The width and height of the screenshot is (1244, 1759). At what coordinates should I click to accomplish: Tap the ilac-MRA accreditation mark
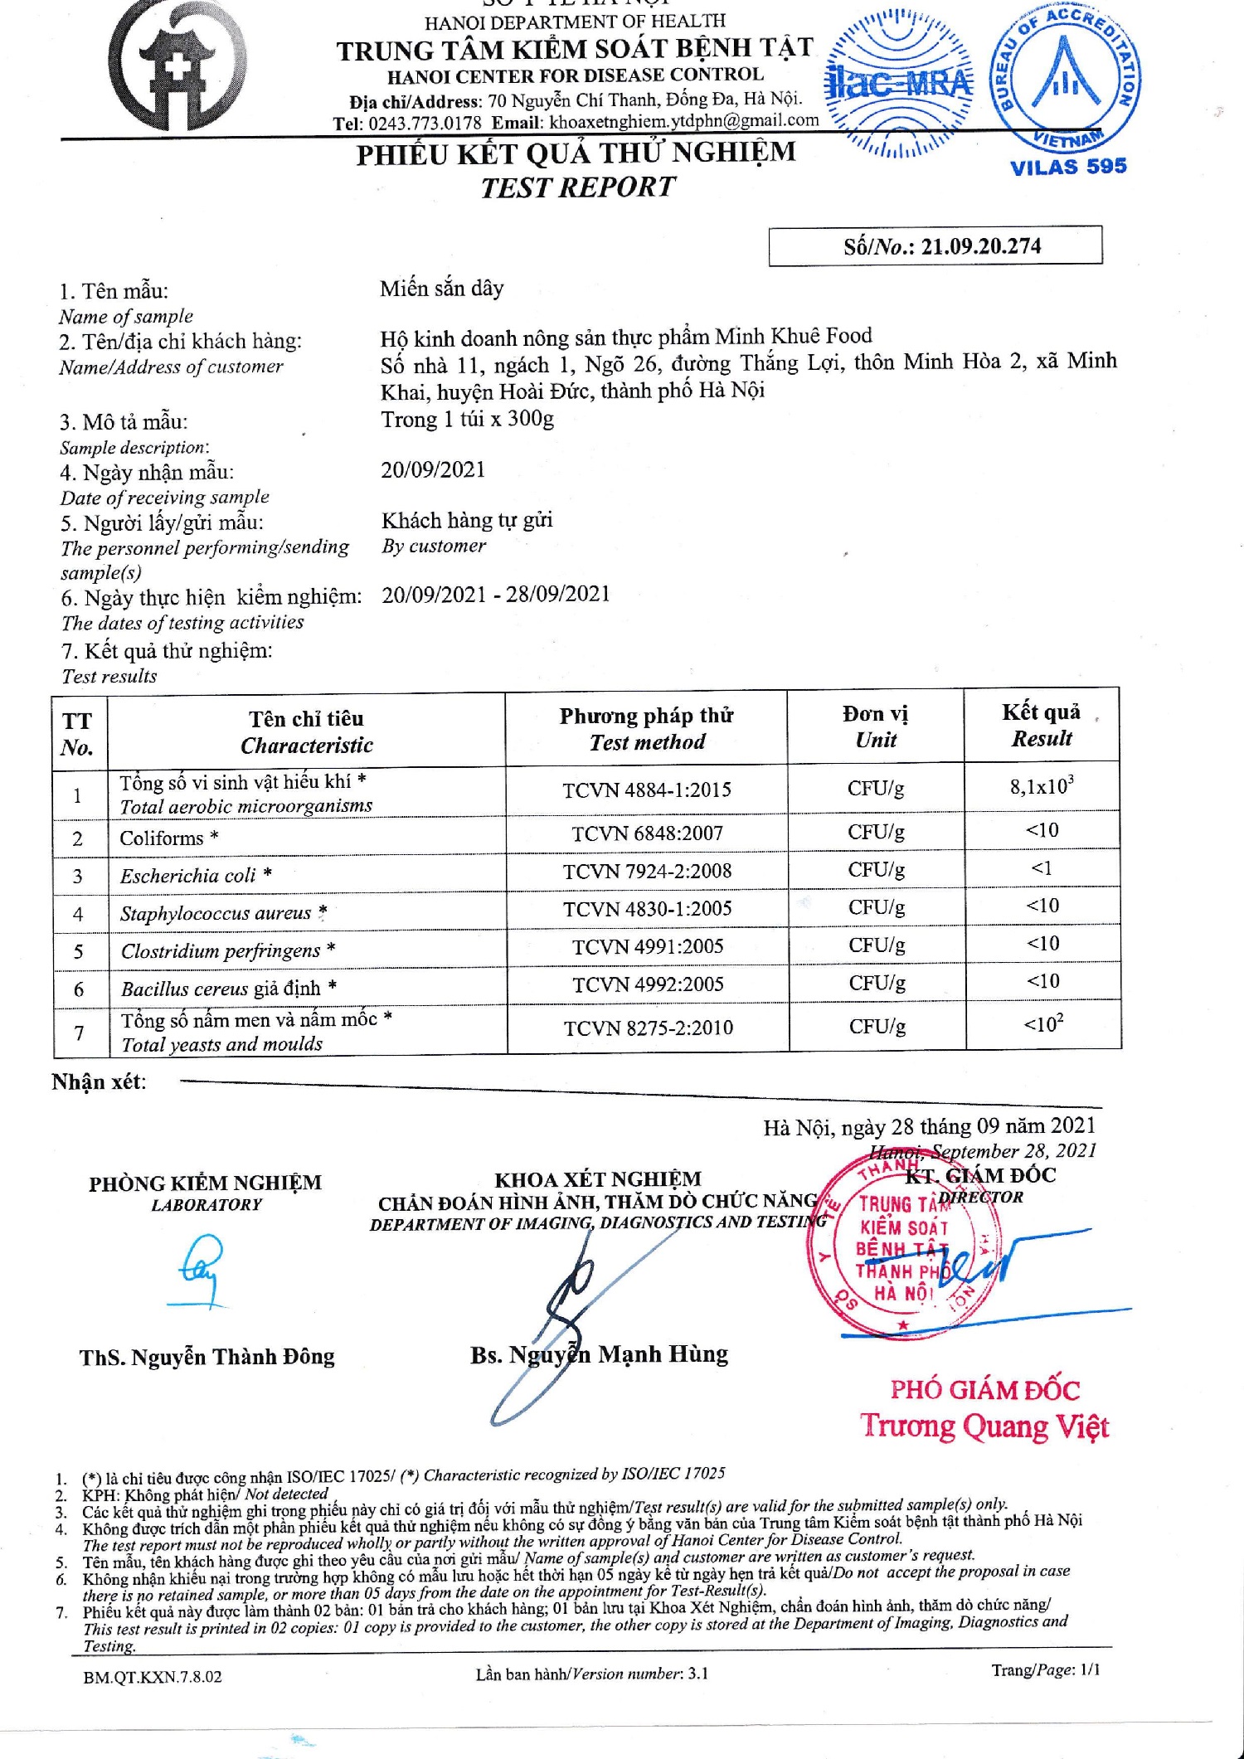(900, 84)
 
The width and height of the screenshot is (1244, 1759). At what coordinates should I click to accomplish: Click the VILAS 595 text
(1068, 167)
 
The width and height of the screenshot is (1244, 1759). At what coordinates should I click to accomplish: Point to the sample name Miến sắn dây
(442, 289)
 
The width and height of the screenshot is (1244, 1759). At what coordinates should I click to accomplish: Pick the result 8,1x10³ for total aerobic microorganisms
(1042, 786)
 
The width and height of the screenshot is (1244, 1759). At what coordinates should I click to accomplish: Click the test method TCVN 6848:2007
(647, 833)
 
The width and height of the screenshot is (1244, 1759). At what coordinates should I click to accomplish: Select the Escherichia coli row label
(188, 876)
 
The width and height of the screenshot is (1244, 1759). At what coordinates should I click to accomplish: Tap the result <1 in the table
(1042, 868)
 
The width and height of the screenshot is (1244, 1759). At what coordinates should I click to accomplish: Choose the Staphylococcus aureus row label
(216, 913)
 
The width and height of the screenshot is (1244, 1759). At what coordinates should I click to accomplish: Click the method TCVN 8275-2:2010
(648, 1028)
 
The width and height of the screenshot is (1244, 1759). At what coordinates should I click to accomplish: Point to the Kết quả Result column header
(1041, 725)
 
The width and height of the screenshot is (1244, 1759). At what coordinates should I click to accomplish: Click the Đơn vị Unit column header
(875, 726)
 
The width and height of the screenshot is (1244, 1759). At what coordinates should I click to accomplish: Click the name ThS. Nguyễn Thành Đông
(207, 1358)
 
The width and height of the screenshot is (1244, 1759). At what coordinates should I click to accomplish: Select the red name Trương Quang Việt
(984, 1426)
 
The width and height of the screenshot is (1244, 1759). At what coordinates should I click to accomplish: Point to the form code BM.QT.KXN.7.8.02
(153, 1677)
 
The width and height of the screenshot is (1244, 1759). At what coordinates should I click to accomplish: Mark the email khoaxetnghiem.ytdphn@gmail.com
(683, 121)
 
